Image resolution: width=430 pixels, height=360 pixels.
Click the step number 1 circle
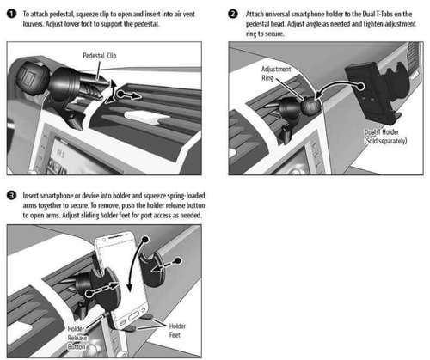point(11,14)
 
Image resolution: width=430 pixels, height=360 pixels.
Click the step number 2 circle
point(233,14)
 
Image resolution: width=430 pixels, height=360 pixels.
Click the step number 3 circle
point(11,196)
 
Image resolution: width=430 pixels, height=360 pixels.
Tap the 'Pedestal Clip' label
point(100,56)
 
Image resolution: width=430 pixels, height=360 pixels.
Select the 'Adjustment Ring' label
point(276,74)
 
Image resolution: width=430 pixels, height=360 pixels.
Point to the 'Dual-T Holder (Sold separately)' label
point(385,137)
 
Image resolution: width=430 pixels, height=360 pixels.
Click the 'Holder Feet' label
point(177,331)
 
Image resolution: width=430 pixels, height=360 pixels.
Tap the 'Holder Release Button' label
point(77,338)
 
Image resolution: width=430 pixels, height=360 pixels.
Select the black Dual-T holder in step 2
point(376,92)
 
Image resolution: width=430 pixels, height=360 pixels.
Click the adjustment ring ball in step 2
point(310,106)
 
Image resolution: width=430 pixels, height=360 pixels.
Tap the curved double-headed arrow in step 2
point(337,86)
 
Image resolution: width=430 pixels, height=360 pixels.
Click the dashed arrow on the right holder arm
point(166,265)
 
